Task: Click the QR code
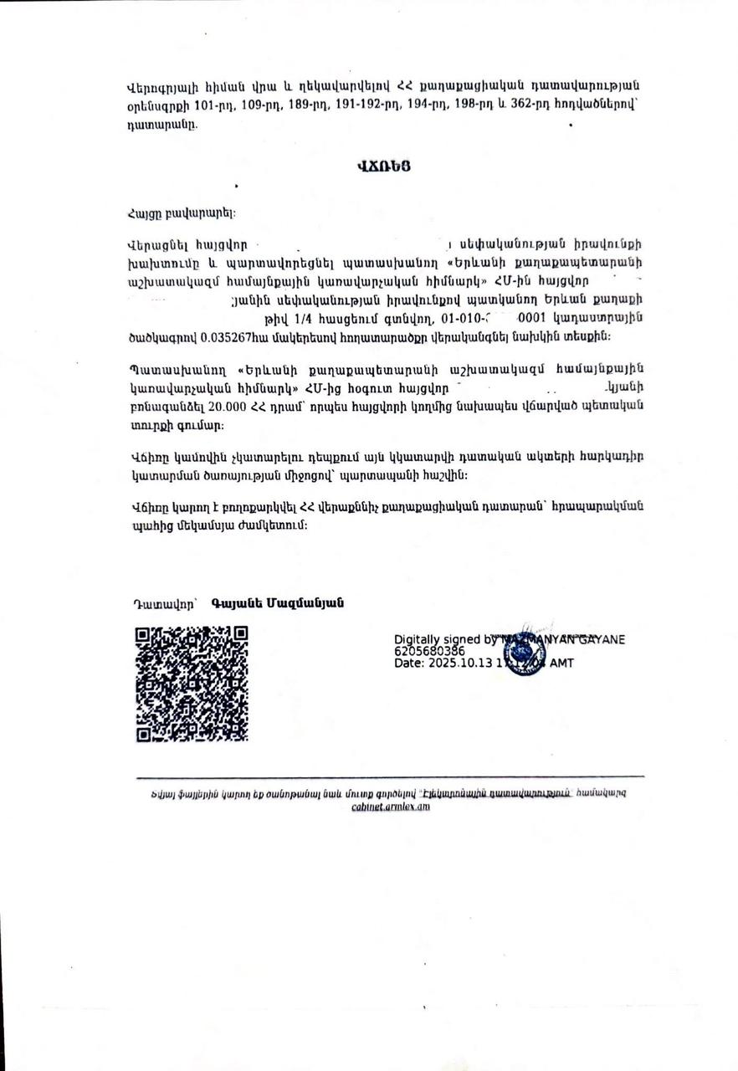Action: coord(192,684)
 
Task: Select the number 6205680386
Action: coord(429,650)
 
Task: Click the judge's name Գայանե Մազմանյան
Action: coord(278,603)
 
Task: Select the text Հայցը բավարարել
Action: coord(181,213)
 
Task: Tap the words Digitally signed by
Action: coord(445,639)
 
